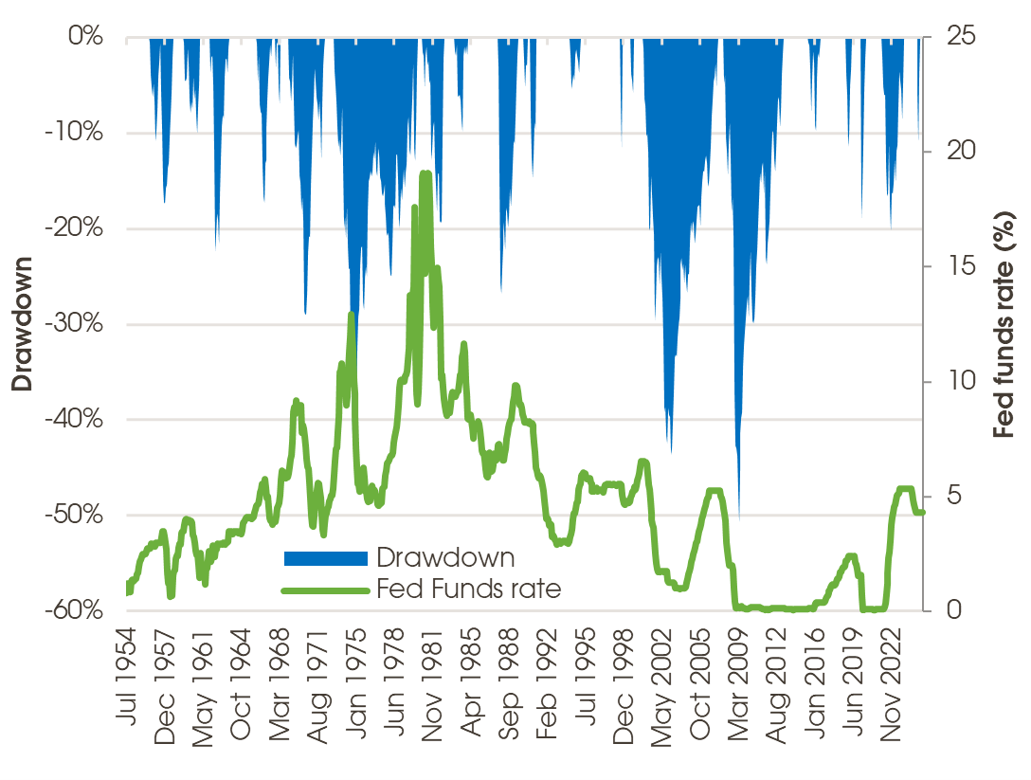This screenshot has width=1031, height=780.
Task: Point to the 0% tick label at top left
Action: pos(84,37)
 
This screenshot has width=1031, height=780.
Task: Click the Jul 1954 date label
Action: pos(127,680)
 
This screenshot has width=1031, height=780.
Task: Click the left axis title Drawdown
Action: pos(22,323)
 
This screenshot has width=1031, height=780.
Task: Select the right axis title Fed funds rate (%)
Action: pos(1007,324)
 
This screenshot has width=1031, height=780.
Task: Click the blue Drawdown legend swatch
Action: pos(325,558)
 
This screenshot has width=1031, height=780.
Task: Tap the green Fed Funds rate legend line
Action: pos(325,590)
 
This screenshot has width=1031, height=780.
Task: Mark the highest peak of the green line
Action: pos(425,172)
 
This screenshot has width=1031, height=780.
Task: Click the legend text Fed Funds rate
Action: pos(469,590)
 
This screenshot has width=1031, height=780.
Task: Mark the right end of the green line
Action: pos(922,513)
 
